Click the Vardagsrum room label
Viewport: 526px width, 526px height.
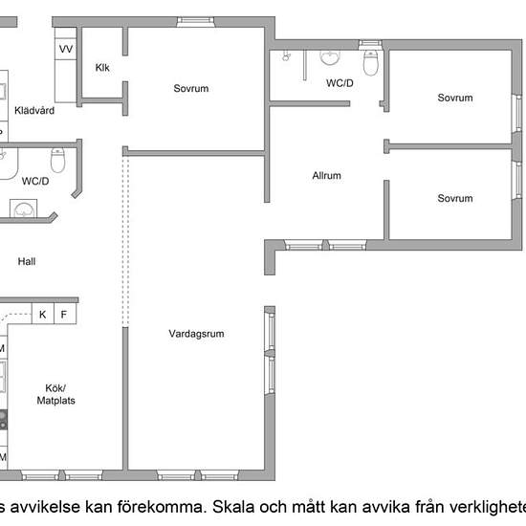tap(196, 334)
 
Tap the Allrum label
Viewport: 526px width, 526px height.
tap(326, 175)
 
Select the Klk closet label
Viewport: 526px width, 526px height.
tap(102, 68)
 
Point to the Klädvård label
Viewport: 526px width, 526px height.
tap(34, 110)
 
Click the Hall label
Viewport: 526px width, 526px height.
tap(27, 261)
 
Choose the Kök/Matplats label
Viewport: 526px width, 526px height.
tap(55, 394)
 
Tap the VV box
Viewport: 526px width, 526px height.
tap(66, 49)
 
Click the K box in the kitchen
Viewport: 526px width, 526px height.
tap(43, 314)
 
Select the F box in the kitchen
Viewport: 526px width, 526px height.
tap(65, 314)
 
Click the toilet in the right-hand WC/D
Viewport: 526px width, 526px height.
tap(371, 63)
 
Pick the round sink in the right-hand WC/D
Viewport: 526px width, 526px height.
tap(330, 57)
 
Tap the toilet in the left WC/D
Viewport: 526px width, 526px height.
tap(57, 161)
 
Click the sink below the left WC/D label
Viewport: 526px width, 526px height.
tap(24, 208)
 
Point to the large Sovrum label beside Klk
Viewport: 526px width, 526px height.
tap(191, 88)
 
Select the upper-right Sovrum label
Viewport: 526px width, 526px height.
tap(455, 98)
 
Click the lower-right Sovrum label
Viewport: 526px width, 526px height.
tap(455, 198)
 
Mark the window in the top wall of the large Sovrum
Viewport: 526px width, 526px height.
tap(195, 22)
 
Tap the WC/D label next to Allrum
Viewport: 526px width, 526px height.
tap(340, 83)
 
